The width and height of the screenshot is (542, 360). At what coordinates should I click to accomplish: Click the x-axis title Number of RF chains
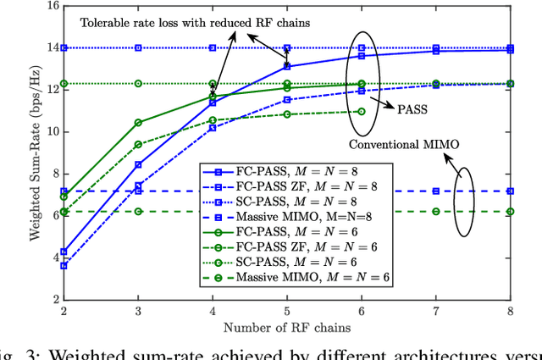pyautogui.click(x=288, y=327)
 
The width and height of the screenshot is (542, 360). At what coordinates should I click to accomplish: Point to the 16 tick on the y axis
pyautogui.click(x=53, y=6)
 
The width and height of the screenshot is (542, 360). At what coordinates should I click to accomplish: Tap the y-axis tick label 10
pyautogui.click(x=53, y=131)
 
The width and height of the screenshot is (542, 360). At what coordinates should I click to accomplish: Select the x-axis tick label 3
pyautogui.click(x=138, y=312)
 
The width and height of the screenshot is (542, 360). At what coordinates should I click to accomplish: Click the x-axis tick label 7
pyautogui.click(x=436, y=312)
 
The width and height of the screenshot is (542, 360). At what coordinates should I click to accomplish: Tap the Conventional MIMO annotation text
pyautogui.click(x=402, y=145)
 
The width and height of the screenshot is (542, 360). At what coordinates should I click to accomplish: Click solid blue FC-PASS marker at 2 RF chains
pyautogui.click(x=64, y=252)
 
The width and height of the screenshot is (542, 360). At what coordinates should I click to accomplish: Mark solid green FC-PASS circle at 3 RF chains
pyautogui.click(x=139, y=123)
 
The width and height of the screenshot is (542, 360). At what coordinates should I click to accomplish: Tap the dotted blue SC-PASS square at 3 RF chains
pyautogui.click(x=139, y=48)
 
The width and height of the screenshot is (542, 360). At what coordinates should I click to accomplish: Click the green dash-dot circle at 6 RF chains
pyautogui.click(x=362, y=111)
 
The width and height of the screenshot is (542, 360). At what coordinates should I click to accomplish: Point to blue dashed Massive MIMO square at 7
pyautogui.click(x=436, y=191)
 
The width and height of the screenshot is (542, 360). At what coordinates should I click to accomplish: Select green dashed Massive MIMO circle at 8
pyautogui.click(x=511, y=212)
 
